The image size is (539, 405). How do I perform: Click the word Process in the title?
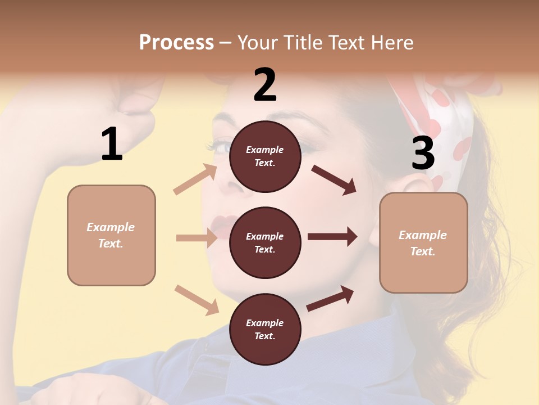point(176,43)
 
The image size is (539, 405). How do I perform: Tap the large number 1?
point(112,144)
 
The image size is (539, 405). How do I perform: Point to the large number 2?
point(265,85)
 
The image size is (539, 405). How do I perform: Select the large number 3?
point(423,154)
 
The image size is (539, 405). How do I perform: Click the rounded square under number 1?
point(111,235)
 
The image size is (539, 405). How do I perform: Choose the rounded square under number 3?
point(423,243)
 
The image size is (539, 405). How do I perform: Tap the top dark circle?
point(265,156)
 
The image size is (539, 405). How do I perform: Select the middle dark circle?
point(265,243)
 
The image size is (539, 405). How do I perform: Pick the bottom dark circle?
point(265,330)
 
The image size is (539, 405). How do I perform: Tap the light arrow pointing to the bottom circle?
point(197,299)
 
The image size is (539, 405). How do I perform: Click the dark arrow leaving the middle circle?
point(332,237)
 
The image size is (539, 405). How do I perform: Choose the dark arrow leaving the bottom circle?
point(330,298)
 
